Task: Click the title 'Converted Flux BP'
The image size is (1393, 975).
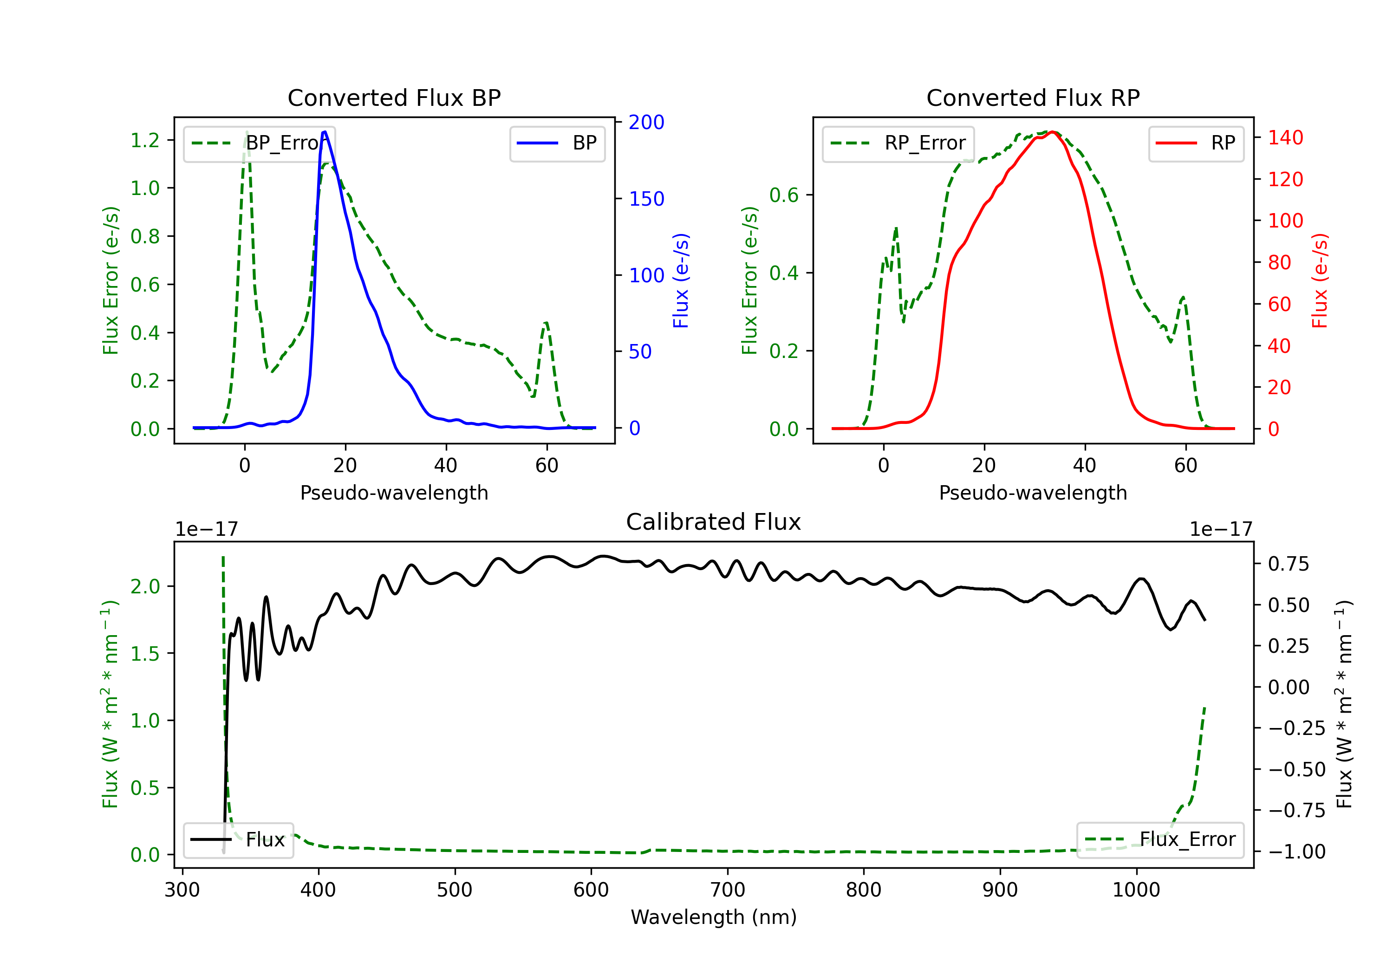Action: click(394, 97)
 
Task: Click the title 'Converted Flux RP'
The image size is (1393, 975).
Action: click(1033, 97)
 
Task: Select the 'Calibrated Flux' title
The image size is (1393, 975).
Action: click(714, 522)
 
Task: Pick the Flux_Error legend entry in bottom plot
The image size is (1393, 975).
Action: click(1160, 840)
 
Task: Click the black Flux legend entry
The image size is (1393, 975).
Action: click(238, 840)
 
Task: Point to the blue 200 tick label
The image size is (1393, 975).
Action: click(646, 123)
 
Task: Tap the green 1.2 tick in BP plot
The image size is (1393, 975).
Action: click(145, 141)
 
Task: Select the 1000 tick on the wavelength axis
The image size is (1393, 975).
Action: click(1136, 890)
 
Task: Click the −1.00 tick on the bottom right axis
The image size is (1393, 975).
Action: click(1296, 852)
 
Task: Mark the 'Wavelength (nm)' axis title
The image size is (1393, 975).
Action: click(714, 917)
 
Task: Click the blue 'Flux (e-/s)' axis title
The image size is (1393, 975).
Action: click(681, 281)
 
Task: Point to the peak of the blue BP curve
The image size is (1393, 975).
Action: click(325, 132)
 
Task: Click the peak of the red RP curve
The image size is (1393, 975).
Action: click(1053, 132)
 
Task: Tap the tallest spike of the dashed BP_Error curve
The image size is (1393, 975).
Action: click(246, 132)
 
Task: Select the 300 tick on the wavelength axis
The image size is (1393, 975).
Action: click(182, 890)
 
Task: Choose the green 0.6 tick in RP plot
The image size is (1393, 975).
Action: click(784, 195)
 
